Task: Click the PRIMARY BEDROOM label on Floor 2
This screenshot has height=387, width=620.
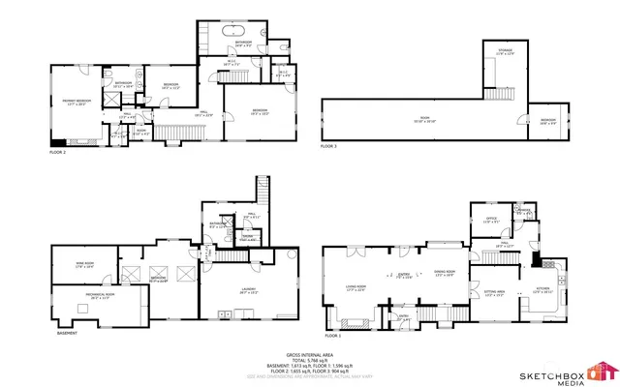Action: tap(77, 101)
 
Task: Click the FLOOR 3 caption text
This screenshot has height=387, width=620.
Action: tap(330, 146)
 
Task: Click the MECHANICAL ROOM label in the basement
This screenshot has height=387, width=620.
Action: tap(80, 295)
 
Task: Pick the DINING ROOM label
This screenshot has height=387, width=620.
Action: tap(445, 272)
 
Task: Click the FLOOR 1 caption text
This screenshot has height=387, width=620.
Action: tap(334, 335)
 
